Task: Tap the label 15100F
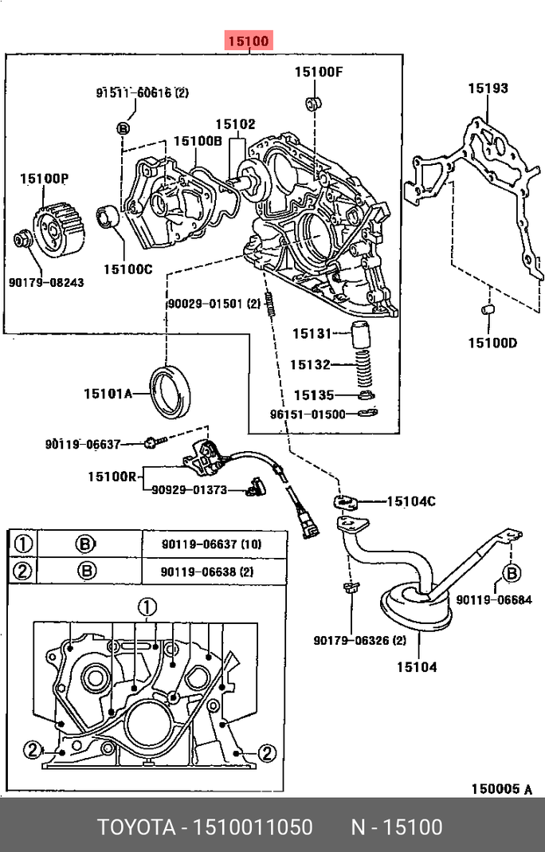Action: pos(318,73)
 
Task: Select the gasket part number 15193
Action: pos(488,88)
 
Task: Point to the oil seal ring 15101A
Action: pos(172,391)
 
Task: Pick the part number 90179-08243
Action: pos(48,282)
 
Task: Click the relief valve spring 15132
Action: pos(367,367)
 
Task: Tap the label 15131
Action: pos(311,333)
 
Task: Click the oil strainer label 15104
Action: pos(418,666)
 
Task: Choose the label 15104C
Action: pos(411,501)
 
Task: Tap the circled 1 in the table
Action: pos(23,544)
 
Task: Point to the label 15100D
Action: pos(492,344)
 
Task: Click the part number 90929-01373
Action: pos(189,490)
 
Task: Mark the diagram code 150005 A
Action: pos(501,789)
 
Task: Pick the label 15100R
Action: pos(114,477)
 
